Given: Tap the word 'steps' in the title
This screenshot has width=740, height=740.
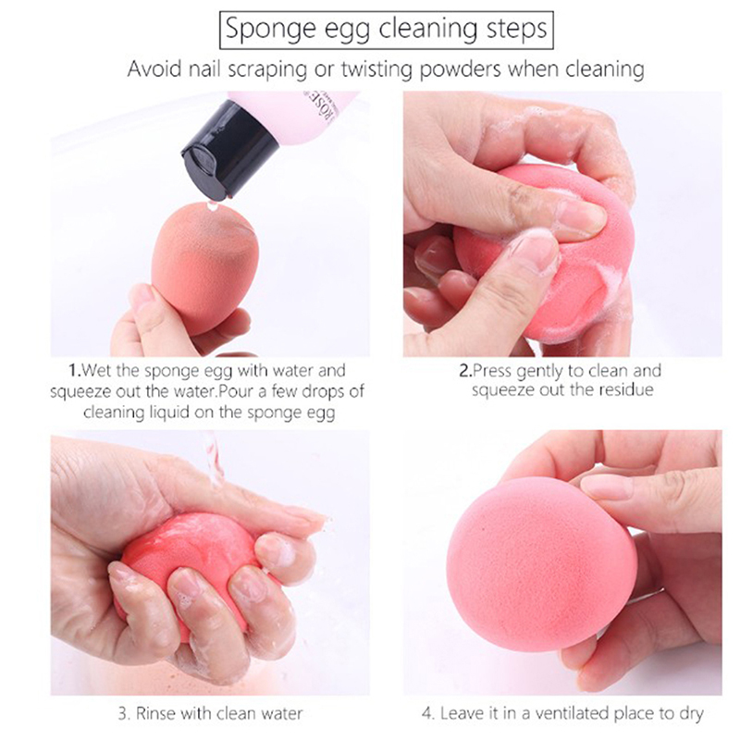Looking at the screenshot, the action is (x=517, y=31).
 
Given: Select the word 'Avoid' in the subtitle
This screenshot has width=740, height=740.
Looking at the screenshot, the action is (x=154, y=68).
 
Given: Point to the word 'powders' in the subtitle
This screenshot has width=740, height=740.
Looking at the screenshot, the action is (x=460, y=69).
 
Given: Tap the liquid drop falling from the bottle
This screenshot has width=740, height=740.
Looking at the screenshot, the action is (x=211, y=205).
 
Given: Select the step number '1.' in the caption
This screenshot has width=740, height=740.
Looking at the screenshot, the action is (x=75, y=370).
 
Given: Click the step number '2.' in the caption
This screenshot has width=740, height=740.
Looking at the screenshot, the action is (x=465, y=371).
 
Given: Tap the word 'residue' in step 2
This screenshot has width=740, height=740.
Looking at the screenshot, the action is (x=626, y=389).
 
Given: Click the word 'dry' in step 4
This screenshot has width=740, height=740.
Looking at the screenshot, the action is (x=692, y=714).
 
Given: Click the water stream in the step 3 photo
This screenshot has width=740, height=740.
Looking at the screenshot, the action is (x=214, y=458).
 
